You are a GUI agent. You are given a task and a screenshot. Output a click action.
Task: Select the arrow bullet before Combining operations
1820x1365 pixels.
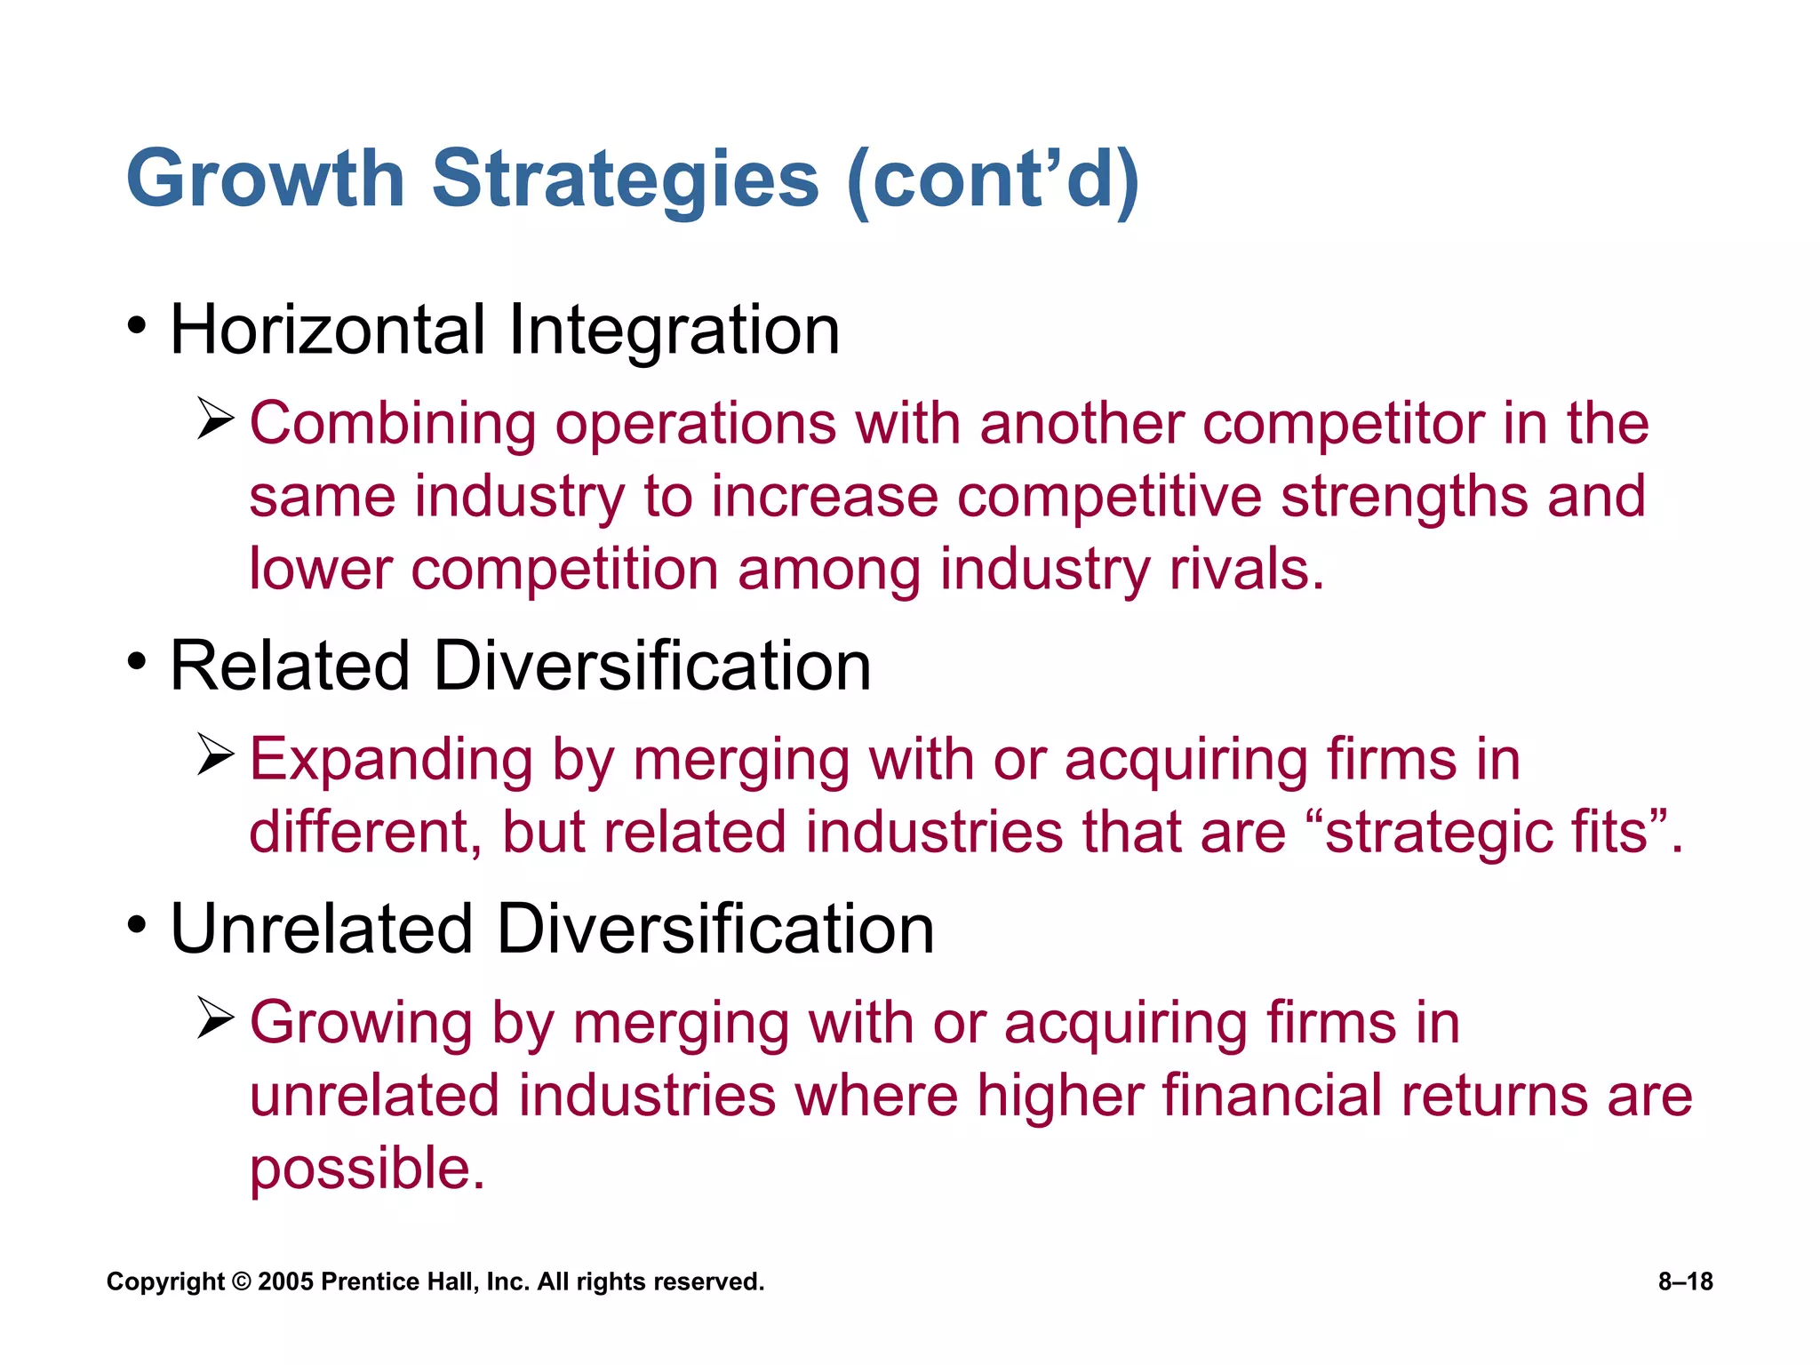(216, 419)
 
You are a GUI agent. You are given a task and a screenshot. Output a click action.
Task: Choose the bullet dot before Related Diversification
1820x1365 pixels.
(136, 662)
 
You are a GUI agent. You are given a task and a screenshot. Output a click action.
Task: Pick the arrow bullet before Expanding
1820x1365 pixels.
(216, 754)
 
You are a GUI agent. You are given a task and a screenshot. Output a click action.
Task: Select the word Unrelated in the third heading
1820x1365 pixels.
(321, 930)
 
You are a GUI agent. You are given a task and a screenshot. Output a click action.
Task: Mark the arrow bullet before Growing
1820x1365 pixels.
(216, 1018)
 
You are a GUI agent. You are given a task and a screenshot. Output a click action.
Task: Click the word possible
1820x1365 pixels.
(366, 1169)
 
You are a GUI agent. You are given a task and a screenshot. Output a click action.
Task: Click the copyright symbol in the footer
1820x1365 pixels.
(241, 1282)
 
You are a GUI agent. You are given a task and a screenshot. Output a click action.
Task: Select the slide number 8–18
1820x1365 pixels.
(1685, 1281)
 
